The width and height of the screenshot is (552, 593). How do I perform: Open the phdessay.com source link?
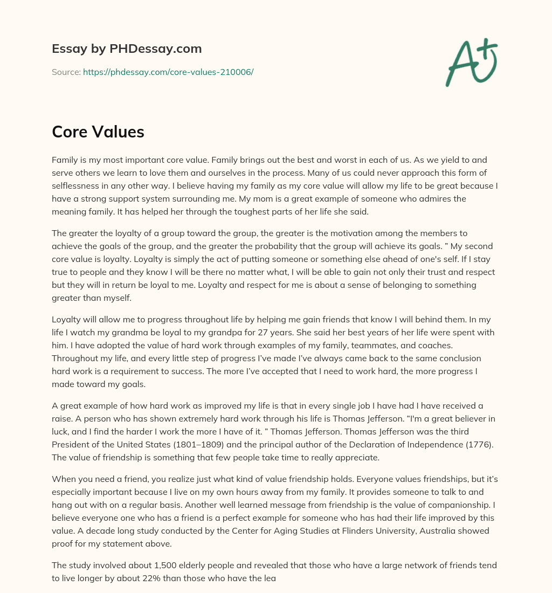pyautogui.click(x=168, y=72)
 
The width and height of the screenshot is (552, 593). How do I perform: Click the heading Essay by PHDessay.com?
pyautogui.click(x=127, y=49)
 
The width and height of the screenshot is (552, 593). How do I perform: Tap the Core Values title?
pyautogui.click(x=98, y=132)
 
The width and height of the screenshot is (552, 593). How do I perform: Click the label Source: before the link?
pyautogui.click(x=66, y=72)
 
